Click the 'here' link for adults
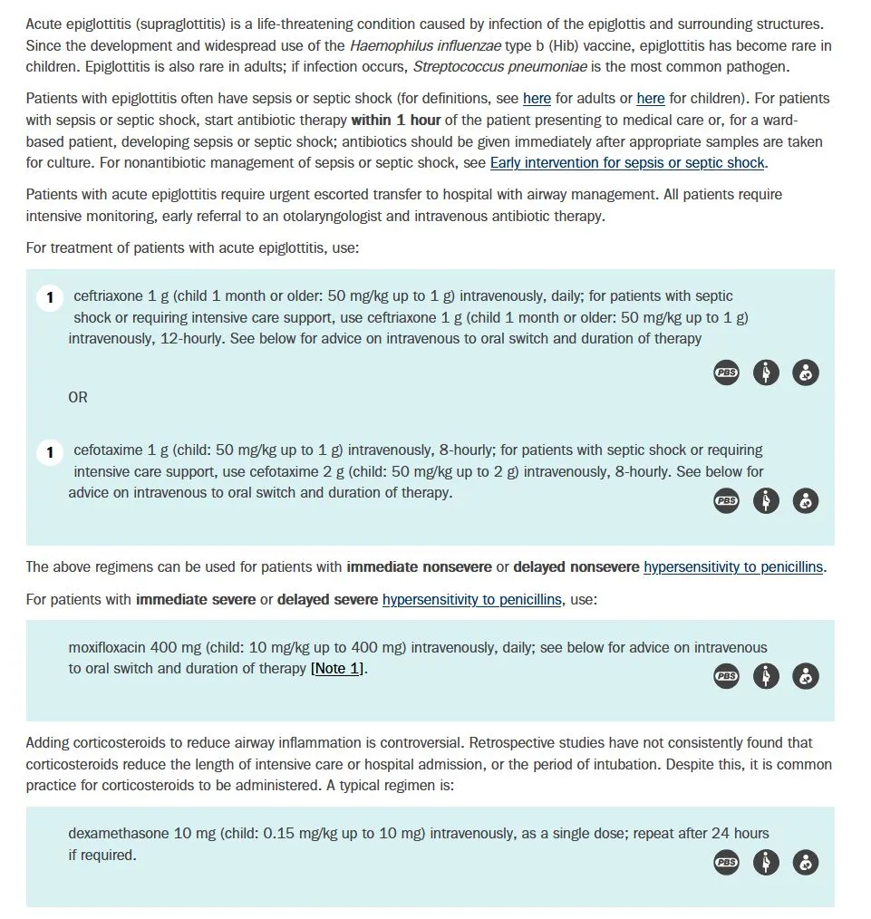[x=537, y=99]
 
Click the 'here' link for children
[x=650, y=99]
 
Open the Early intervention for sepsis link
[x=627, y=163]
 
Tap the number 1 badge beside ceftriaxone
[x=50, y=297]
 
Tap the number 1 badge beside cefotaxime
[x=50, y=451]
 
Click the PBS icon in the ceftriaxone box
[x=726, y=372]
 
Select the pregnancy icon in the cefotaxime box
[x=766, y=500]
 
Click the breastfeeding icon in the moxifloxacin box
[x=806, y=676]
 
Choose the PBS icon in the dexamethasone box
[x=726, y=863]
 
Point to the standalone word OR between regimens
[x=78, y=397]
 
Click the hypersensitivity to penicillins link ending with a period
[x=733, y=567]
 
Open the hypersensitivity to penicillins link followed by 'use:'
[x=471, y=599]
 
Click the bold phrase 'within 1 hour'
[x=396, y=120]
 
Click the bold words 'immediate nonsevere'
[x=419, y=567]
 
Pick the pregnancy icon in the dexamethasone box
[x=766, y=863]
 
